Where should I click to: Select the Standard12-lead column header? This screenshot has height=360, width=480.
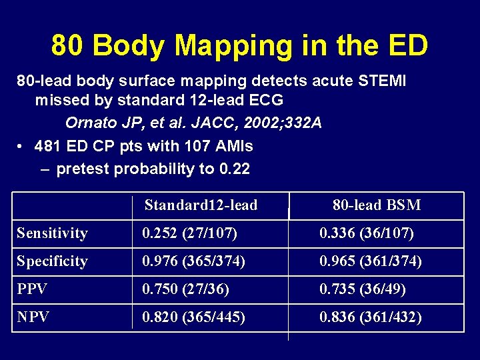pos(201,205)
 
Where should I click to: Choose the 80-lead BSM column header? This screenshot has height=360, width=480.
pos(377,205)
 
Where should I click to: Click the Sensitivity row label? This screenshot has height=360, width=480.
pos(52,233)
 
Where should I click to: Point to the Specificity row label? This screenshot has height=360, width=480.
pos(52,261)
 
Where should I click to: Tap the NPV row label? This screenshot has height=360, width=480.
pos(33,317)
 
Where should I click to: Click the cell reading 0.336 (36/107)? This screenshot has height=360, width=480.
pos(367,233)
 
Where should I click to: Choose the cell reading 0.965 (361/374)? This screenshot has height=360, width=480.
pos(371,261)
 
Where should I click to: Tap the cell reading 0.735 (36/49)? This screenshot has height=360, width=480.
pos(363,289)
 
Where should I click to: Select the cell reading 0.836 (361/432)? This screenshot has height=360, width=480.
pos(371,317)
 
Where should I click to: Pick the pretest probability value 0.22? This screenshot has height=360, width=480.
pos(234,169)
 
